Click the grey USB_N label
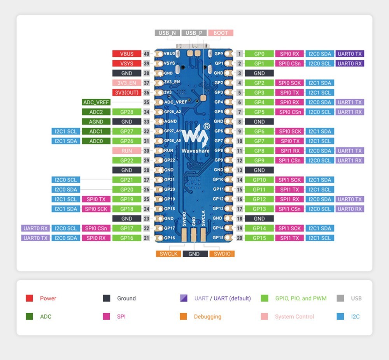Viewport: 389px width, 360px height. [167, 33]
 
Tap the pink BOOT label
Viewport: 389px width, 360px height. [221, 33]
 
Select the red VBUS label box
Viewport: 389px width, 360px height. [126, 54]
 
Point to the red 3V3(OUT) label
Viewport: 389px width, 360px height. [126, 93]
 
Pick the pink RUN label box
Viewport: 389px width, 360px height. [126, 151]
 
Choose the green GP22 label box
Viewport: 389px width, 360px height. [126, 160]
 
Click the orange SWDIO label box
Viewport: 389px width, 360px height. [222, 254]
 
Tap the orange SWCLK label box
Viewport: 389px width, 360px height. [168, 254]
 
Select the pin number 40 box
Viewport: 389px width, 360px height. [147, 54]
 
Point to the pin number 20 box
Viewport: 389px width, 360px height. [240, 238]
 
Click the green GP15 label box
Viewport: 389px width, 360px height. [259, 238]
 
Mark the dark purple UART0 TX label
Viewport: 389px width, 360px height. [350, 54]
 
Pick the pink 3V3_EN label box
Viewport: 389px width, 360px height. [126, 83]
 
